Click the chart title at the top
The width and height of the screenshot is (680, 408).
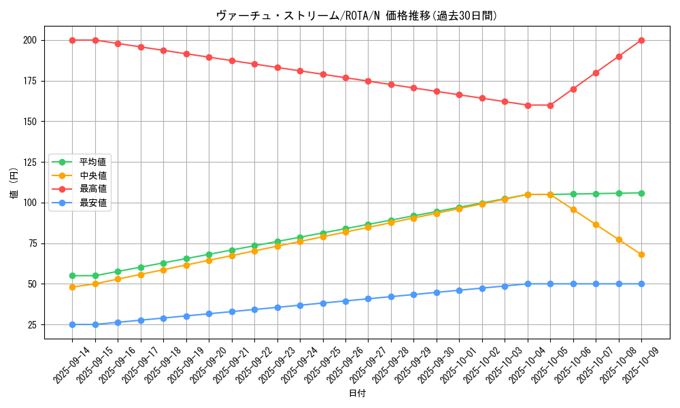356,16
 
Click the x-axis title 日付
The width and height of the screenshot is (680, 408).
357,394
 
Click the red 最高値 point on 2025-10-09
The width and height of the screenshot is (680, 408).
641,40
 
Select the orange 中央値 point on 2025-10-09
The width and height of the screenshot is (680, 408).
641,254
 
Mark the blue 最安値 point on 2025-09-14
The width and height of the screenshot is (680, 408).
72,324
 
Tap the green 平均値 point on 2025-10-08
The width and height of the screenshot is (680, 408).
619,193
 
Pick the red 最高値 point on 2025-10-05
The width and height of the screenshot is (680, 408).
550,105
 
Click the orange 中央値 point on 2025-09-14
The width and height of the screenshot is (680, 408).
72,287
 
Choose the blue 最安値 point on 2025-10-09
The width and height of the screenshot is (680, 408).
641,284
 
